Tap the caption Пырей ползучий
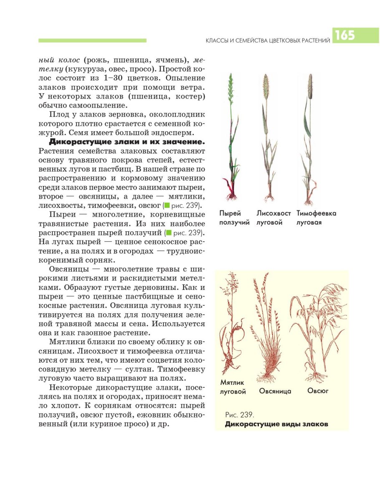234,218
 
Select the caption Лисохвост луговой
274,218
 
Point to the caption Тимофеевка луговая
316,218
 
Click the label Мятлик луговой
233,387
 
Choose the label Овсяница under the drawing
275,391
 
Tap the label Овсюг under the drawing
318,391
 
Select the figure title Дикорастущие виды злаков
276,424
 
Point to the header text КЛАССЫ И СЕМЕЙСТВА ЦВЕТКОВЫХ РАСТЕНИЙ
269,41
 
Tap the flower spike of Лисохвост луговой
265,86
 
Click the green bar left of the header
92,41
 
